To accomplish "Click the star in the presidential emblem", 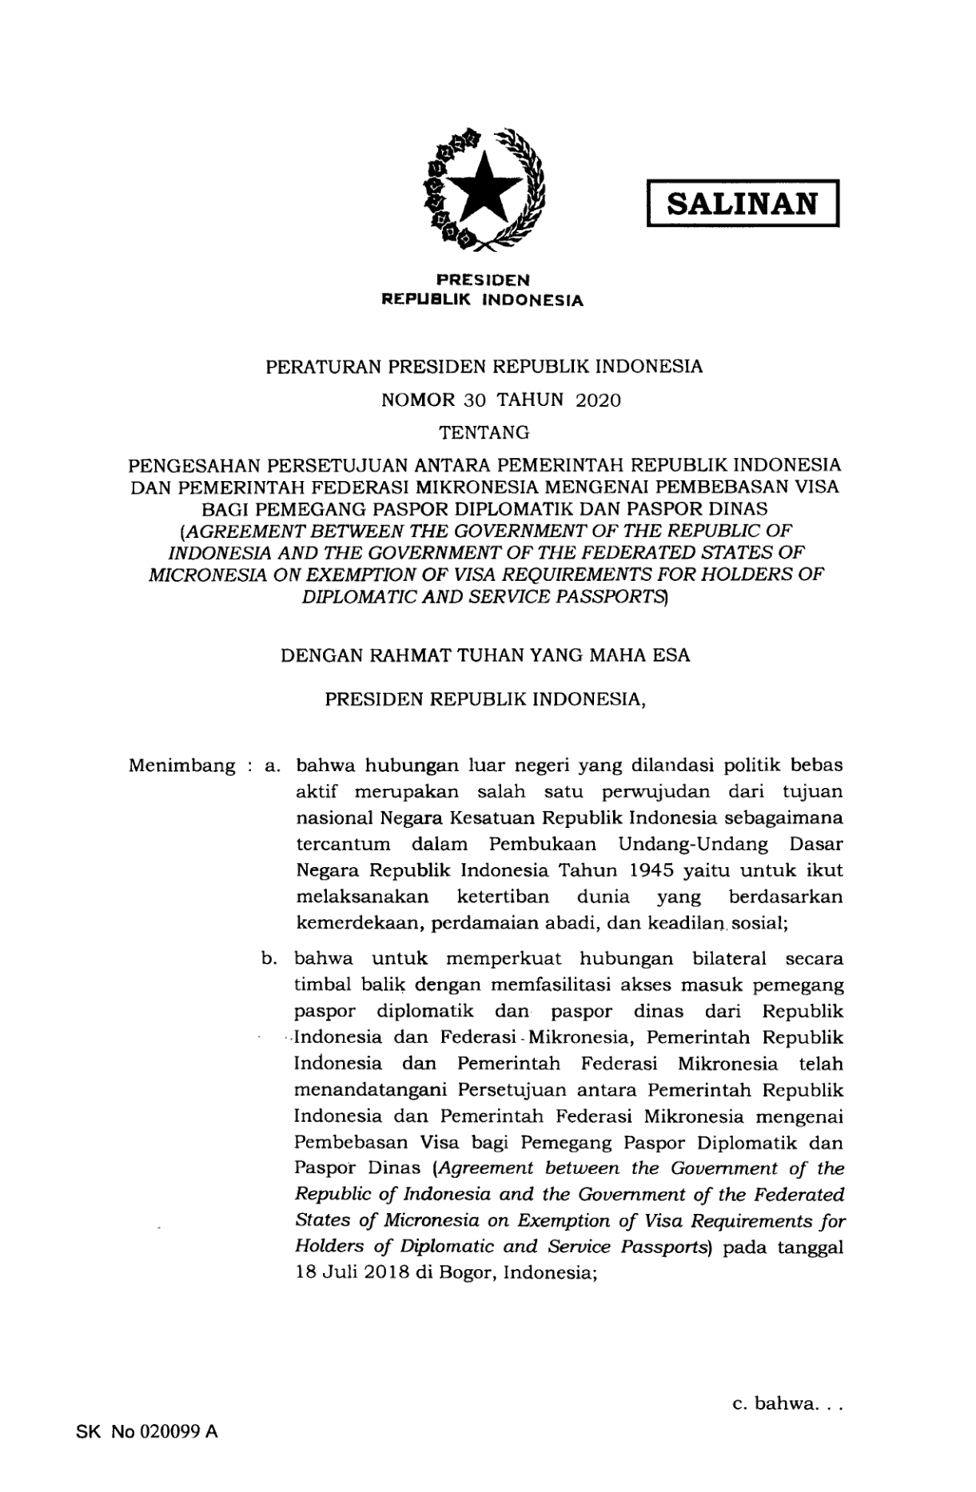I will tap(484, 189).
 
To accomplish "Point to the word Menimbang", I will tap(181, 766).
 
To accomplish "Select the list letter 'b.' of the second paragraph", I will tap(269, 959).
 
